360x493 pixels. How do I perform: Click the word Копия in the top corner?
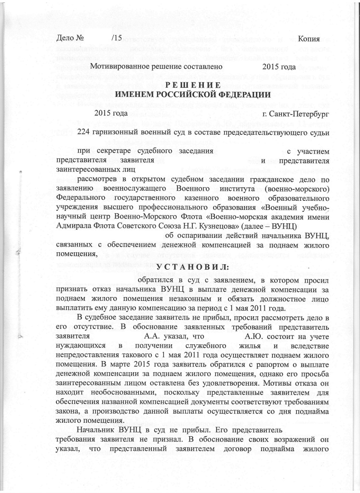point(309,38)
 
